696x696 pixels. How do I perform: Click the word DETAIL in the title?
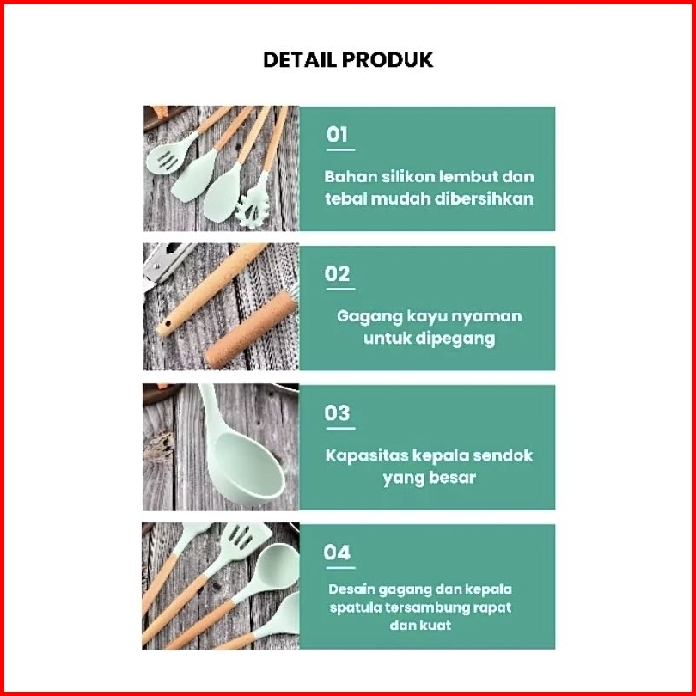pos(301,59)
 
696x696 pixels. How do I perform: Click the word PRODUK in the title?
pos(388,59)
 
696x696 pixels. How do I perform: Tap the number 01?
pos(338,134)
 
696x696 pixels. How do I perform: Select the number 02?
pos(338,273)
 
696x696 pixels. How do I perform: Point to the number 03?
pos(338,412)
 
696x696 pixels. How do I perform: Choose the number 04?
pos(337,553)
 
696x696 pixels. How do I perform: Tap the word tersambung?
pos(418,607)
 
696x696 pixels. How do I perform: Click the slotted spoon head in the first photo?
pos(168,156)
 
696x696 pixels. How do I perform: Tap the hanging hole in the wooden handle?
pos(168,321)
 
